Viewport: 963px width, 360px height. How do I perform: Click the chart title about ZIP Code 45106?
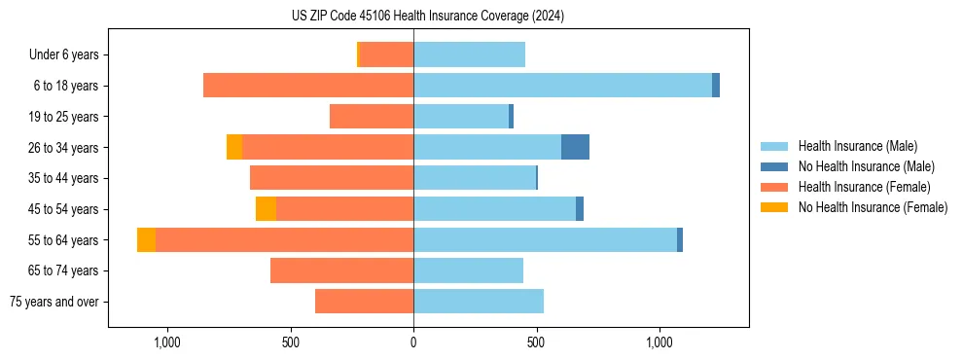click(428, 17)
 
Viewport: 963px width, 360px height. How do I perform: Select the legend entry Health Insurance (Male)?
click(857, 146)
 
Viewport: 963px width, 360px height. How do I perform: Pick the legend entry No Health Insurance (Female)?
click(873, 207)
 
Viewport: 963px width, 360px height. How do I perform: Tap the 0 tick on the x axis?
click(413, 342)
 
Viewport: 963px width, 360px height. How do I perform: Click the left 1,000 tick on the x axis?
click(167, 342)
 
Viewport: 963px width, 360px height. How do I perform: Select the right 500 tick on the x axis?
click(536, 342)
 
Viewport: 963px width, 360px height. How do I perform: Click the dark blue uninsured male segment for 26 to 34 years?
click(575, 147)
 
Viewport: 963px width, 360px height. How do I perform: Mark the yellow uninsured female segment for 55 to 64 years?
click(146, 239)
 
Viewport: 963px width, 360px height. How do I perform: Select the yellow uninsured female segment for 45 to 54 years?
click(266, 209)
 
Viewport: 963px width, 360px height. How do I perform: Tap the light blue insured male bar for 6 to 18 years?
click(562, 86)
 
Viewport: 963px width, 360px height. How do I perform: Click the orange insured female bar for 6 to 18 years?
click(308, 86)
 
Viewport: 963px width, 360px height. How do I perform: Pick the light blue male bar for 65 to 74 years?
click(468, 270)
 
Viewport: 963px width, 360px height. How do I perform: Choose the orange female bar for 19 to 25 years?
click(372, 117)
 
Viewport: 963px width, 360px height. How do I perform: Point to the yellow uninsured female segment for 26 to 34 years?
click(234, 147)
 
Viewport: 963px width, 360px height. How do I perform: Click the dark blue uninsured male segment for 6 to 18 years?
click(716, 86)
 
